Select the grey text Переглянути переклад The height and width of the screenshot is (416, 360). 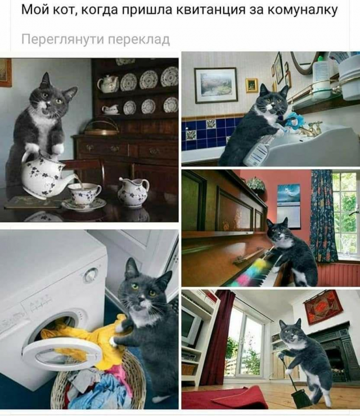(x=96, y=40)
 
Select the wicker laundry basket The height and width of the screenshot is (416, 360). (x=98, y=384)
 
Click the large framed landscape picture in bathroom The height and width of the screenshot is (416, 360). (x=216, y=85)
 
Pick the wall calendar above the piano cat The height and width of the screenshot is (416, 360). (x=289, y=205)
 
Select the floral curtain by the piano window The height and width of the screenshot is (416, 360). (x=323, y=215)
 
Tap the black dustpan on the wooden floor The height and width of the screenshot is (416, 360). (x=298, y=395)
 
